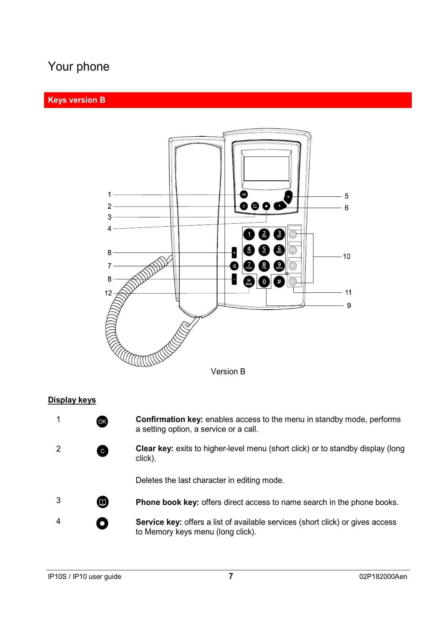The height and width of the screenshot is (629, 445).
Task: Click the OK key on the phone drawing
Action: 244,195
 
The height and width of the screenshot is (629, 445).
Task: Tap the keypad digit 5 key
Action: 264,250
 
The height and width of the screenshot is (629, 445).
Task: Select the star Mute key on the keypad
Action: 249,282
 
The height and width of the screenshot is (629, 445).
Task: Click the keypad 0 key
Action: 264,282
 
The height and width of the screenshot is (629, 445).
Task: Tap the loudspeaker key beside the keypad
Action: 234,266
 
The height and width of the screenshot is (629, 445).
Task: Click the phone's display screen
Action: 266,168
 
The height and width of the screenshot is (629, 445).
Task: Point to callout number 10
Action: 346,257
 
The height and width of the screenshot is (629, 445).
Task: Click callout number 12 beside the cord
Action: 108,293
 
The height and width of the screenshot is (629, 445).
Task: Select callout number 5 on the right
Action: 346,196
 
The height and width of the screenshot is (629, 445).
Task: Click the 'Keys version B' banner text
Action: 77,100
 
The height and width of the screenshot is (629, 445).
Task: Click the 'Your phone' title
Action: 78,66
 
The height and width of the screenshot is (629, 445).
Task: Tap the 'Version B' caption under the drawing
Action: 228,372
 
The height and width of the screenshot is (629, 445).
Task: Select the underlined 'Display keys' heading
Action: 72,400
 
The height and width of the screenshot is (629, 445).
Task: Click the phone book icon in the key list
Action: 102,502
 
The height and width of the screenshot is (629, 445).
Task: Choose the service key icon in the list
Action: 102,523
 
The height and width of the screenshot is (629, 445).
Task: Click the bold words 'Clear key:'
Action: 154,449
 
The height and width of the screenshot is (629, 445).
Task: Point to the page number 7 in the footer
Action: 231,576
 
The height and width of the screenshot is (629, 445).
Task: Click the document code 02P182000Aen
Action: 383,577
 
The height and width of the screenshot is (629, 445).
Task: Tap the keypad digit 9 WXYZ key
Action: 279,266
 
